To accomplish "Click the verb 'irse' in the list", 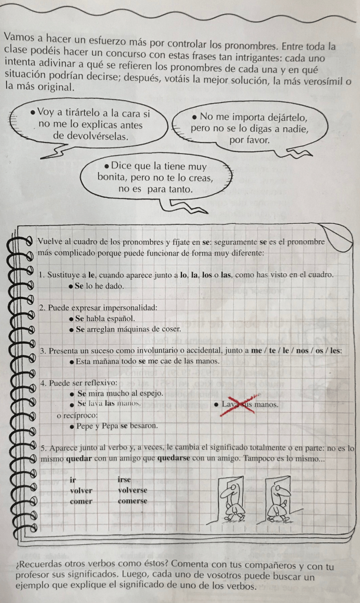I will point(125,480).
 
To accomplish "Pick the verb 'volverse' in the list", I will point(133,490).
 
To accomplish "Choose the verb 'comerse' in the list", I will point(133,501).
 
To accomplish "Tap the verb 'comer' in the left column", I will point(81,501).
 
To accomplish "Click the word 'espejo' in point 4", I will point(148,393).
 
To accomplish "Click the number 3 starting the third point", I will point(42,351).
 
